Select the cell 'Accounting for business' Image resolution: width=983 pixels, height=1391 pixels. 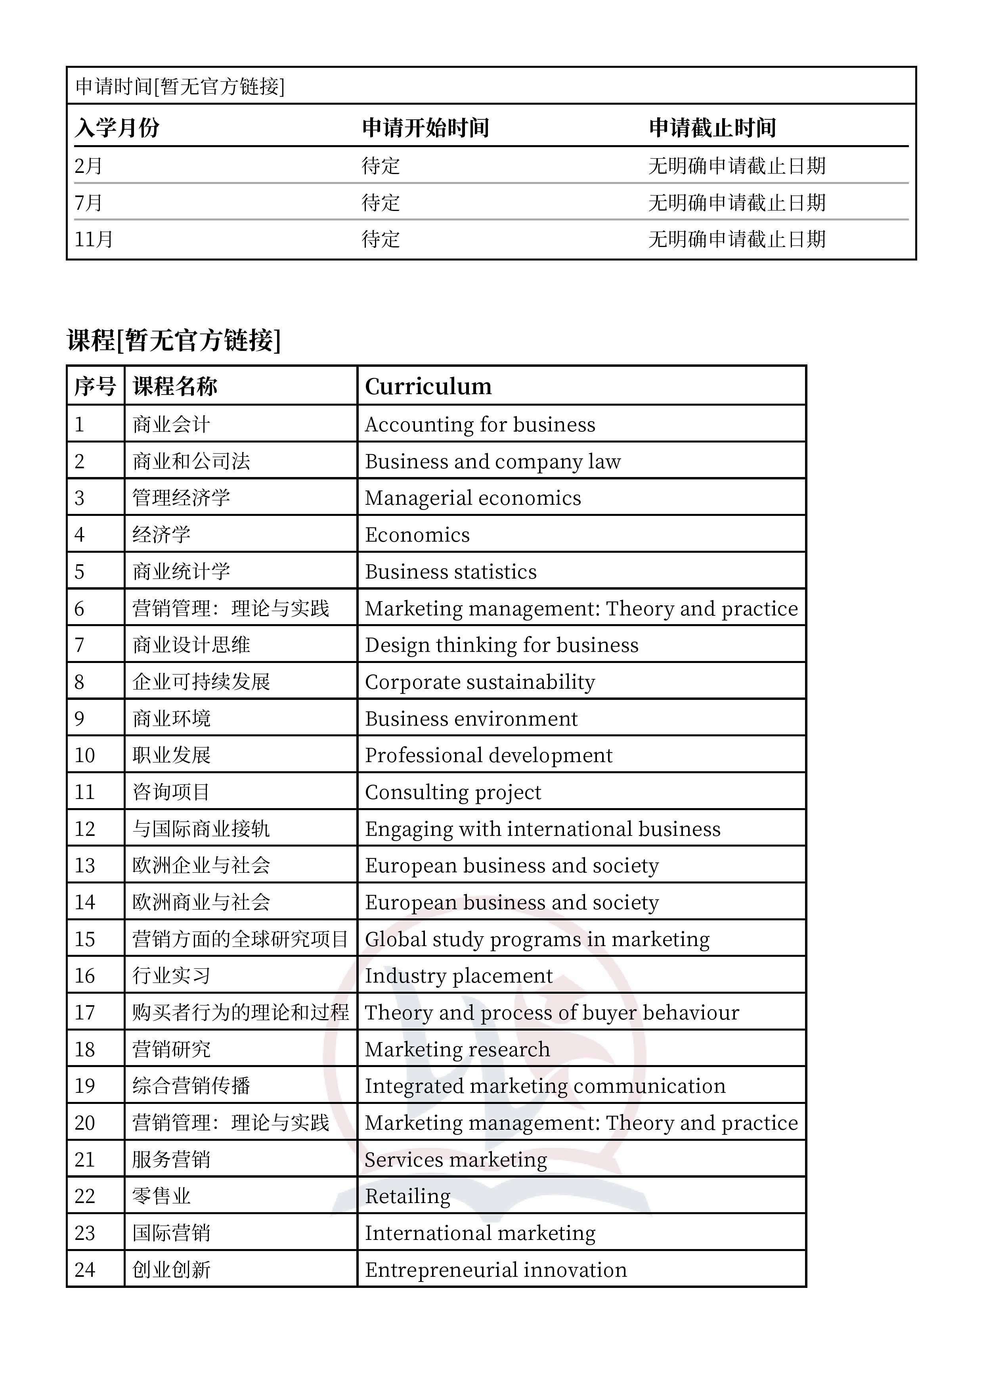[480, 425]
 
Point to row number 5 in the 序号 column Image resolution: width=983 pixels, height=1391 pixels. [79, 572]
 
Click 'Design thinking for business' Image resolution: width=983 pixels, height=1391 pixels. [501, 645]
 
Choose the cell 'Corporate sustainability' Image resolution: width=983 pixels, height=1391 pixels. [480, 682]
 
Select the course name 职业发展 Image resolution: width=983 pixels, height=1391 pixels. [171, 755]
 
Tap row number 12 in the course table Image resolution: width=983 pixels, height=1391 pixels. [85, 829]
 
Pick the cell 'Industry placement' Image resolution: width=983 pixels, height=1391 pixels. [459, 976]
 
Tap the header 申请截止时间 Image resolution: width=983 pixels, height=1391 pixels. [712, 128]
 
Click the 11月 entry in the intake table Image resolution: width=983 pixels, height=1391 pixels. [94, 239]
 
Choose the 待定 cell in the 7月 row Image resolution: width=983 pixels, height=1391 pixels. [381, 202]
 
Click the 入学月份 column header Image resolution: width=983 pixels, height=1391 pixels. [117, 128]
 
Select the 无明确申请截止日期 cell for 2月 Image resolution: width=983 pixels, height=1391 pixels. [736, 166]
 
